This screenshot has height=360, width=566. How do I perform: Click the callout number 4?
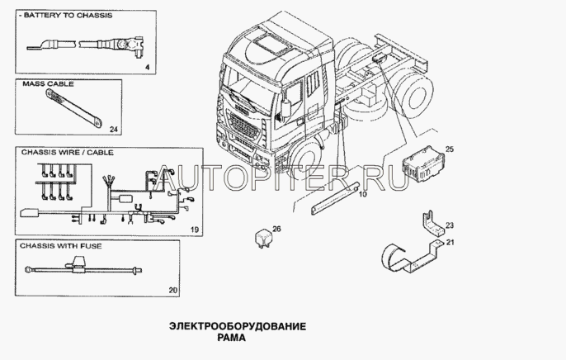[x=147, y=67]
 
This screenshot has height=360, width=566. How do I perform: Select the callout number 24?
[x=114, y=129]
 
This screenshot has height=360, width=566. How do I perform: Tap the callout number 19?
[x=195, y=230]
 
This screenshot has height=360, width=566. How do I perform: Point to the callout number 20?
[x=173, y=290]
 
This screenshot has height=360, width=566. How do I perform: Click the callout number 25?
[x=450, y=149]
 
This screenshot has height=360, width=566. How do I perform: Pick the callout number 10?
[x=363, y=194]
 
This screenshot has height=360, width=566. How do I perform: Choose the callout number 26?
[x=276, y=229]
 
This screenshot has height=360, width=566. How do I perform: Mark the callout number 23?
[x=450, y=225]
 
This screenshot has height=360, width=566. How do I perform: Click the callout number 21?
[x=450, y=242]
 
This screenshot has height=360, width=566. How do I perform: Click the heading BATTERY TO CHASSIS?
[x=68, y=16]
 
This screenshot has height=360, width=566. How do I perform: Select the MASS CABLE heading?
[x=48, y=83]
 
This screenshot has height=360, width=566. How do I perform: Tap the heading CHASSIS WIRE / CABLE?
[x=67, y=152]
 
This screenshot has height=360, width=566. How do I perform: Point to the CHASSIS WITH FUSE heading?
[x=61, y=246]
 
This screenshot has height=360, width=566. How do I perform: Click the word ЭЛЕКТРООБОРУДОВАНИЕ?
[x=238, y=326]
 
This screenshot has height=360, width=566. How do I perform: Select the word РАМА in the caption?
[x=231, y=338]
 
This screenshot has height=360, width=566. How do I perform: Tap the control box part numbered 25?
[x=423, y=163]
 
